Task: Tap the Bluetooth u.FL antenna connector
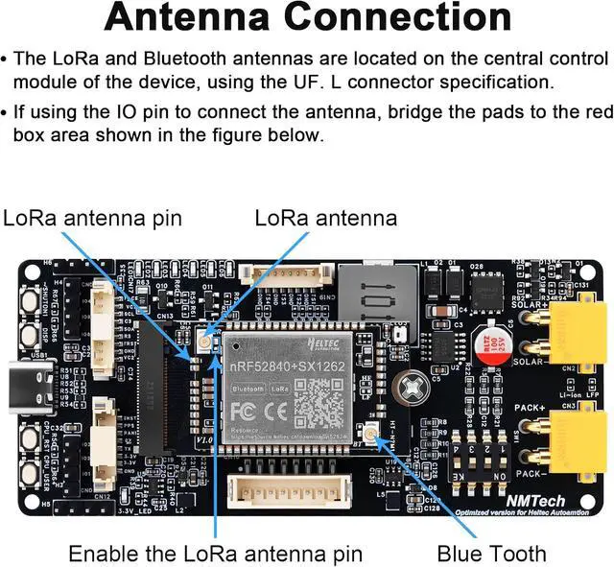(369, 432)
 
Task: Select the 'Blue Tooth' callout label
(491, 554)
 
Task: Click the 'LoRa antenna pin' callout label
(91, 218)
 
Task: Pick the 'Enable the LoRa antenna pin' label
(216, 554)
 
